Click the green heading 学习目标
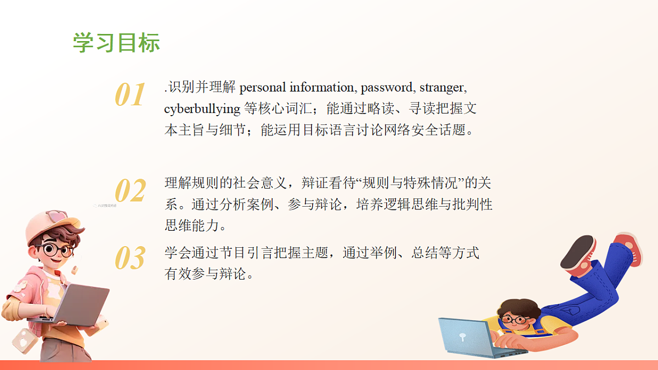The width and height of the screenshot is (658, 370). (x=116, y=43)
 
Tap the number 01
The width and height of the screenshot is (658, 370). (x=131, y=95)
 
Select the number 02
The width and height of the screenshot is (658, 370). (x=131, y=191)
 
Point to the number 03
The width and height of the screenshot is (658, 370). (x=131, y=258)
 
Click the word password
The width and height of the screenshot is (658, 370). (x=387, y=87)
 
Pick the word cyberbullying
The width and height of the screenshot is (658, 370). (x=202, y=109)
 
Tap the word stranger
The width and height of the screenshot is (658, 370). (x=443, y=87)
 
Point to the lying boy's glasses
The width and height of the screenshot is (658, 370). (x=514, y=318)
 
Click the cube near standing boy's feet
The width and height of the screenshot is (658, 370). (x=25, y=340)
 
